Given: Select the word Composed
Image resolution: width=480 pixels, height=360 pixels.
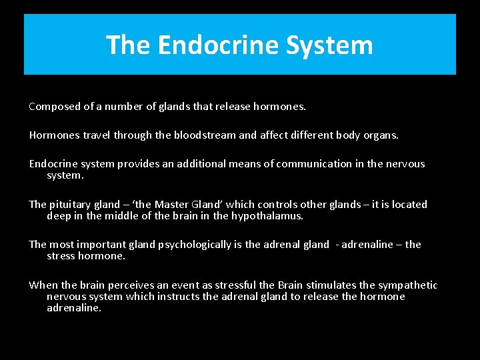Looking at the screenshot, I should [x=53, y=107].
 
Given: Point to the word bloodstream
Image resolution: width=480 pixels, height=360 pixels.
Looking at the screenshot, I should [x=204, y=135].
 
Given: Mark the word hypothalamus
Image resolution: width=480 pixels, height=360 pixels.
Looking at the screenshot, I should [x=266, y=215].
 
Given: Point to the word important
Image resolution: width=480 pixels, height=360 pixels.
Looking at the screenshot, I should [x=105, y=244].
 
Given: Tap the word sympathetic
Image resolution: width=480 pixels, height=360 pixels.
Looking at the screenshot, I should [x=406, y=285].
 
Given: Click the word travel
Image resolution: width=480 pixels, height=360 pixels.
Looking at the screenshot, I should [x=97, y=135].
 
